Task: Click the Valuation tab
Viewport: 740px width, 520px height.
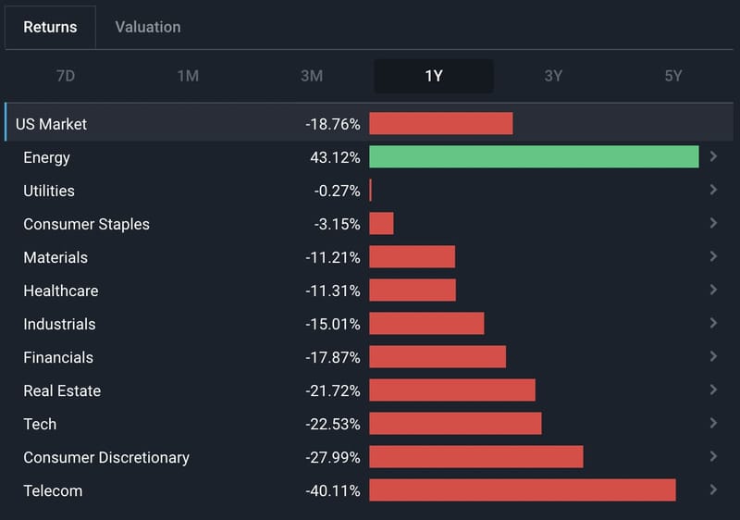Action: click(x=148, y=27)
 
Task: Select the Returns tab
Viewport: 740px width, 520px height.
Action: click(x=50, y=27)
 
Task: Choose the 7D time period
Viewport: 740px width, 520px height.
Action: click(x=66, y=76)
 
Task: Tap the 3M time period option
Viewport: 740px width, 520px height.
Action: click(x=312, y=76)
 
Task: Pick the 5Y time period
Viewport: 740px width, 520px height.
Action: click(x=673, y=76)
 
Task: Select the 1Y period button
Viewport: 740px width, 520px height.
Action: click(x=434, y=76)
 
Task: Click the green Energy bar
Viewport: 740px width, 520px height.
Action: click(x=534, y=156)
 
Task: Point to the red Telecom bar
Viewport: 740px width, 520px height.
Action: click(x=523, y=489)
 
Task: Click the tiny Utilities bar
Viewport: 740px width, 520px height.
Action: click(x=371, y=191)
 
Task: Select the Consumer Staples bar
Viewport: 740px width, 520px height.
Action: click(x=381, y=223)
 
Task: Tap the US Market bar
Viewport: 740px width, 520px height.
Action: click(x=441, y=123)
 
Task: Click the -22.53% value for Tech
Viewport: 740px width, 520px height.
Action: click(x=333, y=424)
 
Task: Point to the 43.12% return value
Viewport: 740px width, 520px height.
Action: click(x=335, y=157)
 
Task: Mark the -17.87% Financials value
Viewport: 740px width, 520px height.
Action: click(x=333, y=357)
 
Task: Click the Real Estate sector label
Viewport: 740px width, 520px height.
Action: click(x=62, y=390)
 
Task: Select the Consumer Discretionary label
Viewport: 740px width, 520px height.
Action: click(x=106, y=458)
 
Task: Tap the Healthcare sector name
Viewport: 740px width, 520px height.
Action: click(x=61, y=291)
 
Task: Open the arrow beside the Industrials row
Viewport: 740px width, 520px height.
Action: click(x=713, y=323)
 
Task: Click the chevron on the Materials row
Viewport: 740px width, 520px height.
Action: click(x=713, y=256)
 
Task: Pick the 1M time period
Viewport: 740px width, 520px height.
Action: click(x=188, y=76)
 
